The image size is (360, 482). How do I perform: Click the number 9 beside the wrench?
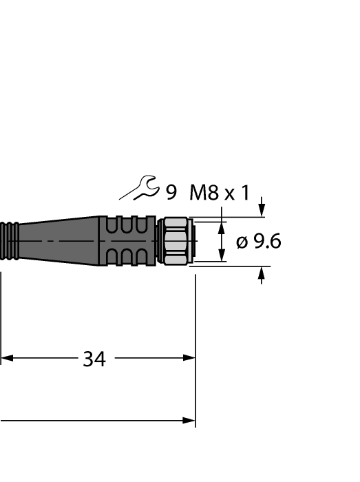tap(171, 192)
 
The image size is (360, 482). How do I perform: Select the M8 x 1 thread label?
tap(219, 192)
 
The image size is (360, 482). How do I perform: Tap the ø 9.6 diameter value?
tap(258, 242)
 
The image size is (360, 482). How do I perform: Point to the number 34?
tap(94, 359)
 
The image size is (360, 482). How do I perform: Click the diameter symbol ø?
tap(242, 242)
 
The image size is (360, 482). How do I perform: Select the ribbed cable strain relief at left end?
tap(10, 241)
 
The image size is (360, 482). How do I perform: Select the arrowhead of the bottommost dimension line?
tap(189, 420)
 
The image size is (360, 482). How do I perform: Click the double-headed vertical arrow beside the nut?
tap(222, 242)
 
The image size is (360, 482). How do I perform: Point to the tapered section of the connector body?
tap(62, 241)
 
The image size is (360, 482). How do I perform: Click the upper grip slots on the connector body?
tap(127, 225)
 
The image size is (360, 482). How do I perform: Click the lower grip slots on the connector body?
tap(127, 258)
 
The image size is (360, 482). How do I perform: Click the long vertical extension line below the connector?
tap(196, 344)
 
